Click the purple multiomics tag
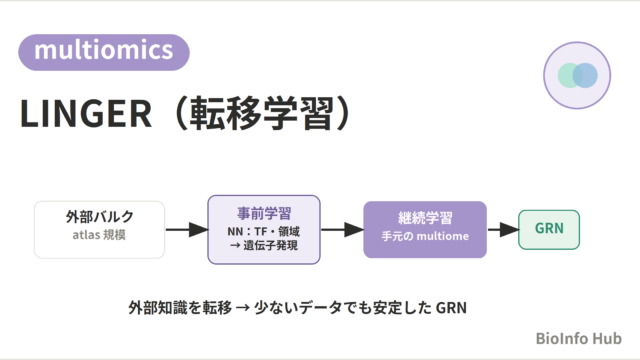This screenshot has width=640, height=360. (104, 52)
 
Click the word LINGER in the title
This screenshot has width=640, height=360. (86, 114)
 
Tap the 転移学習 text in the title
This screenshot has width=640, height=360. (260, 113)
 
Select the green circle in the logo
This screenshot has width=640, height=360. (570, 76)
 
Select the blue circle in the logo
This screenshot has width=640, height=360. (585, 76)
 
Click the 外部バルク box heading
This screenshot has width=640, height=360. (100, 216)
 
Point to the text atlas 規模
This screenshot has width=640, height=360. (99, 235)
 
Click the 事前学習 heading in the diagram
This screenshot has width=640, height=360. (264, 213)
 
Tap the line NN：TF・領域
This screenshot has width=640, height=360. (264, 231)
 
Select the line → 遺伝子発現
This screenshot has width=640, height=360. (264, 245)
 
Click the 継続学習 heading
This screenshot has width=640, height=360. (425, 218)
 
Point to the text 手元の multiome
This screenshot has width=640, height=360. (425, 236)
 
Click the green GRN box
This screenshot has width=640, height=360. (549, 230)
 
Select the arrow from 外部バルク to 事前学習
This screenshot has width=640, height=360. (187, 230)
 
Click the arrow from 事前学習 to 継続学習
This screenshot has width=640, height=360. (342, 230)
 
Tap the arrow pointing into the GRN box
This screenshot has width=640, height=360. (503, 230)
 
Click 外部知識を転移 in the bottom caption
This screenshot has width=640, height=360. (180, 307)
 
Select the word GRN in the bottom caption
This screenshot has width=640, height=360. (451, 308)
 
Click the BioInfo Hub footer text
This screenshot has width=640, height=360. (578, 338)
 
